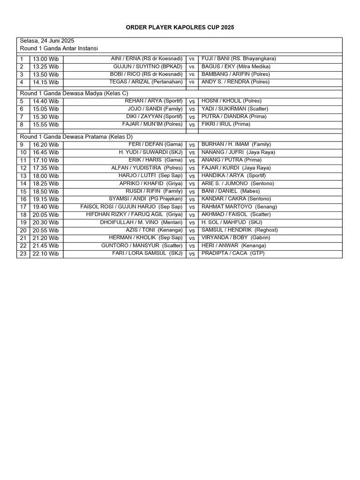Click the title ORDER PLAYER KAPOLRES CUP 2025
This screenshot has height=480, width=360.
click(x=180, y=28)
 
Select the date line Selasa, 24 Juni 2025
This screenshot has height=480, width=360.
click(x=47, y=41)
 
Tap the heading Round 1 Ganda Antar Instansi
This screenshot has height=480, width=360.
click(x=59, y=48)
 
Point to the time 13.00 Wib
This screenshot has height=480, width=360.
click(x=45, y=59)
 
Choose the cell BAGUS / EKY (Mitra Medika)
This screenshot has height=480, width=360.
click(x=230, y=67)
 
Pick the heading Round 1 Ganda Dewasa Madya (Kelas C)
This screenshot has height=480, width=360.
click(x=74, y=93)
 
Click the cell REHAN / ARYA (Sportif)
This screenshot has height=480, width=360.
click(x=154, y=101)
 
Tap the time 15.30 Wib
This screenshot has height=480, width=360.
click(x=45, y=117)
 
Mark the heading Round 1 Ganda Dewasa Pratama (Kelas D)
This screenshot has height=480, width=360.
click(x=76, y=137)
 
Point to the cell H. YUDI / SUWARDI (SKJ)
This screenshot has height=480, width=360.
click(x=150, y=152)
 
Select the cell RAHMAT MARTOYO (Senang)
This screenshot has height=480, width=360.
click(x=239, y=207)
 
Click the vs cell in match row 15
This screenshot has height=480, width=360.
click(x=192, y=191)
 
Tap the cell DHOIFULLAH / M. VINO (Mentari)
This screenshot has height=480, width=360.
click(x=141, y=222)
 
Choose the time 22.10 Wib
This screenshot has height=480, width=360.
click(x=45, y=254)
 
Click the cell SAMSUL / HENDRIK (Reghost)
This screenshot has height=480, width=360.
click(x=240, y=230)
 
